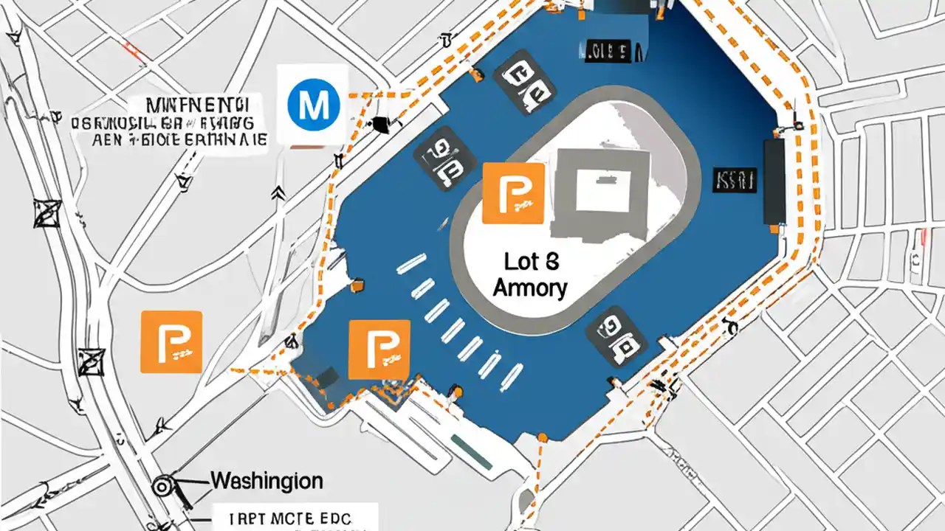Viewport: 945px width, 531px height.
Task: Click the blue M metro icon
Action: click(314, 105)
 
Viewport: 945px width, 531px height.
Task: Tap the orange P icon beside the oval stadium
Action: click(513, 193)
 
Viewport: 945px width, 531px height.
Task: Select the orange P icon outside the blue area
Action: click(171, 341)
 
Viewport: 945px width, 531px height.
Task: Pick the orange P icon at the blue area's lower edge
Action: click(379, 350)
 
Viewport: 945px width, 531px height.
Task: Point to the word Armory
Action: click(529, 288)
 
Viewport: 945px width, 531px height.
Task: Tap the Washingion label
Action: click(267, 482)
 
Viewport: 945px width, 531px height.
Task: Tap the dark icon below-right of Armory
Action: click(616, 336)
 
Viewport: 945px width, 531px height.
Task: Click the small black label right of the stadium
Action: click(734, 179)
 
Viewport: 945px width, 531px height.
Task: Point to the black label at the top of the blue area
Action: click(605, 52)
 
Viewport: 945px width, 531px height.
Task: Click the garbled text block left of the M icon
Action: click(169, 122)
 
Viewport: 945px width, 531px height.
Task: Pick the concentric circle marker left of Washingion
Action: click(162, 486)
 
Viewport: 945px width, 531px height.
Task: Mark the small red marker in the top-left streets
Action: click(133, 51)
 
